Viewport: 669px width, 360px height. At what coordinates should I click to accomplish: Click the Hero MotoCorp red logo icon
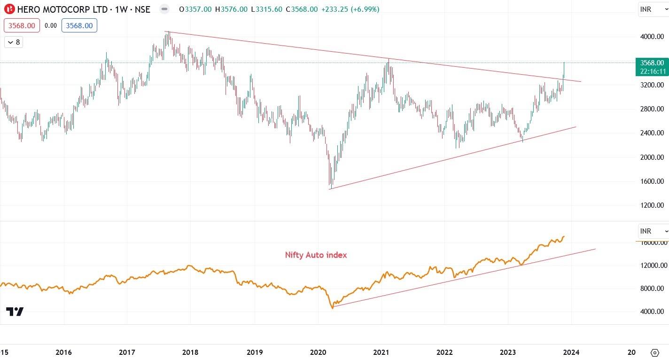pos(9,9)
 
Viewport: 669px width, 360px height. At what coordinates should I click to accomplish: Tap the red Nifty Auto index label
pos(316,255)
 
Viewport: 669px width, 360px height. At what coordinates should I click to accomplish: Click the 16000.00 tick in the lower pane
pos(652,243)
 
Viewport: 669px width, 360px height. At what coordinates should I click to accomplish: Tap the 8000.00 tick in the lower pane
pos(652,289)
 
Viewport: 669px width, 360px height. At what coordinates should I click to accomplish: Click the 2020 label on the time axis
pos(318,352)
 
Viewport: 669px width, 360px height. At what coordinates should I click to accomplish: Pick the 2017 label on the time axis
pos(127,352)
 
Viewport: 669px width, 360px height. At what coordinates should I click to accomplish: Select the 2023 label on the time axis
pos(508,352)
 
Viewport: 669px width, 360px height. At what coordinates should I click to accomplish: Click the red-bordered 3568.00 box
pos(22,26)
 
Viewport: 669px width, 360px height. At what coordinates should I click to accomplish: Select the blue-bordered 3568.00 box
pos(79,26)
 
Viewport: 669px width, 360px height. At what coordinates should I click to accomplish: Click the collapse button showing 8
pos(14,42)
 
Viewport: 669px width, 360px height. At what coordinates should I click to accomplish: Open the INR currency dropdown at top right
pos(653,9)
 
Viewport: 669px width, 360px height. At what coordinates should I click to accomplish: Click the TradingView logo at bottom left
pos(15,312)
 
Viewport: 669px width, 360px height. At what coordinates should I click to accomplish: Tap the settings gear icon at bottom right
pos(654,352)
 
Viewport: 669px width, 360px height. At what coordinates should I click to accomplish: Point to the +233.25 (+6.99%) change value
pos(350,9)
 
